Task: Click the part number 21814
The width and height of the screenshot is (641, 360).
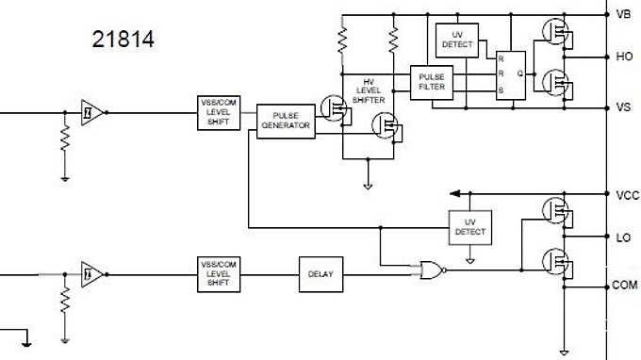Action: tap(123, 41)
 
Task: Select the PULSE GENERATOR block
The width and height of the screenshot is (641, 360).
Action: tap(286, 121)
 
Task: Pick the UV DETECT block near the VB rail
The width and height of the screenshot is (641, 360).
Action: tap(457, 41)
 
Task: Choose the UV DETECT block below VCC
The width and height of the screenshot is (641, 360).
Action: tap(469, 227)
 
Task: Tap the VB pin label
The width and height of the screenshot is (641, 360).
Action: tap(623, 14)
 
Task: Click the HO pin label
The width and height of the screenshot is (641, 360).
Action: tap(623, 57)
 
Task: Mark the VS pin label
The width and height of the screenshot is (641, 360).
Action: tap(623, 107)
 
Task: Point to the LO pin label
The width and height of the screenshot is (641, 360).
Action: tap(623, 237)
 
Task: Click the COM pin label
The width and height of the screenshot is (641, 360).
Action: tap(625, 285)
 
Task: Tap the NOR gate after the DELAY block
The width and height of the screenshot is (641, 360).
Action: tap(432, 270)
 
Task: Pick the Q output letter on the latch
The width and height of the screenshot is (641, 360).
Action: tap(519, 73)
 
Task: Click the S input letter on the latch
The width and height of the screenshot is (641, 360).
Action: tap(501, 90)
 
